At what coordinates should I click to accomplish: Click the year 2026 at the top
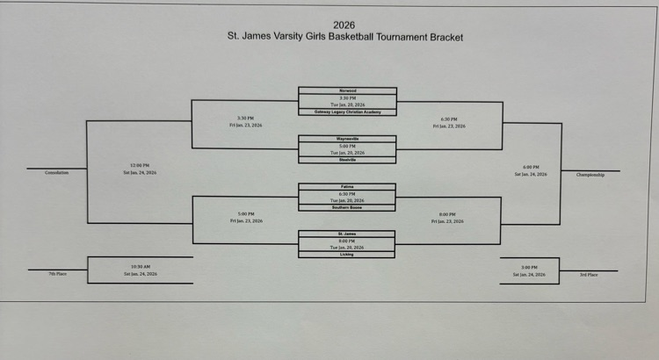pyautogui.click(x=344, y=25)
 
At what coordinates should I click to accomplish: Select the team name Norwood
pyautogui.click(x=347, y=90)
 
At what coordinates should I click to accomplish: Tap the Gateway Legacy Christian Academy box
pyautogui.click(x=347, y=112)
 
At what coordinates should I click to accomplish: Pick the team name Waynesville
pyautogui.click(x=347, y=139)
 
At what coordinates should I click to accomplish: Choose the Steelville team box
pyautogui.click(x=347, y=160)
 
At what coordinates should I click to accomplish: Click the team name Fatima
pyautogui.click(x=347, y=187)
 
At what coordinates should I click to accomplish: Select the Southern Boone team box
pyautogui.click(x=347, y=207)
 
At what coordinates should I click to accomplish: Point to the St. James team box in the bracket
pyautogui.click(x=347, y=234)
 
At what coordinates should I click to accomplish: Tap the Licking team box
pyautogui.click(x=347, y=255)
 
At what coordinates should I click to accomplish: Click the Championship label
pyautogui.click(x=590, y=175)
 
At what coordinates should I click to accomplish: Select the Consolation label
pyautogui.click(x=56, y=173)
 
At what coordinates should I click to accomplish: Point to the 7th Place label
pyautogui.click(x=59, y=274)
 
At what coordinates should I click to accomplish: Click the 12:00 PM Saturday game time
pyautogui.click(x=139, y=166)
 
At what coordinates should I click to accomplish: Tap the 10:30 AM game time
pyautogui.click(x=139, y=267)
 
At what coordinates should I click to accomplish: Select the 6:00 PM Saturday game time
pyautogui.click(x=531, y=168)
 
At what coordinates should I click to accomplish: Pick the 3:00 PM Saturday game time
pyautogui.click(x=529, y=268)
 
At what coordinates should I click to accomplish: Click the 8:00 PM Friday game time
pyautogui.click(x=448, y=214)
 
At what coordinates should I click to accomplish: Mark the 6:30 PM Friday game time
pyautogui.click(x=448, y=119)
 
